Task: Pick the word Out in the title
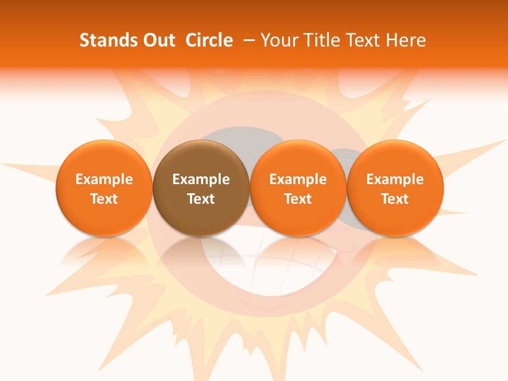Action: [157, 40]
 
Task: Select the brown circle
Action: [201, 188]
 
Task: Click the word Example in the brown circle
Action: [201, 179]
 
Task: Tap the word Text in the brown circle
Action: [201, 199]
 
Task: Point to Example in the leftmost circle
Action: [104, 179]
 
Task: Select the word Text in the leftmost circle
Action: [104, 199]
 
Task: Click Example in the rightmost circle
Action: [395, 179]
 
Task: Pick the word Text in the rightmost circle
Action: [395, 199]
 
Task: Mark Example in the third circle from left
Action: [298, 179]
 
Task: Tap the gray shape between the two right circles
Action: [344, 159]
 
